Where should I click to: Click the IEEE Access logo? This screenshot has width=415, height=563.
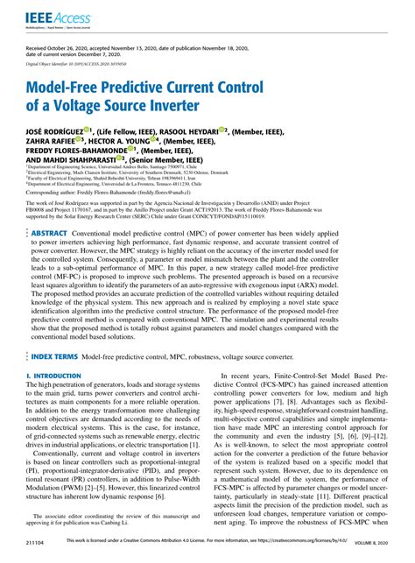point(53,17)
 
